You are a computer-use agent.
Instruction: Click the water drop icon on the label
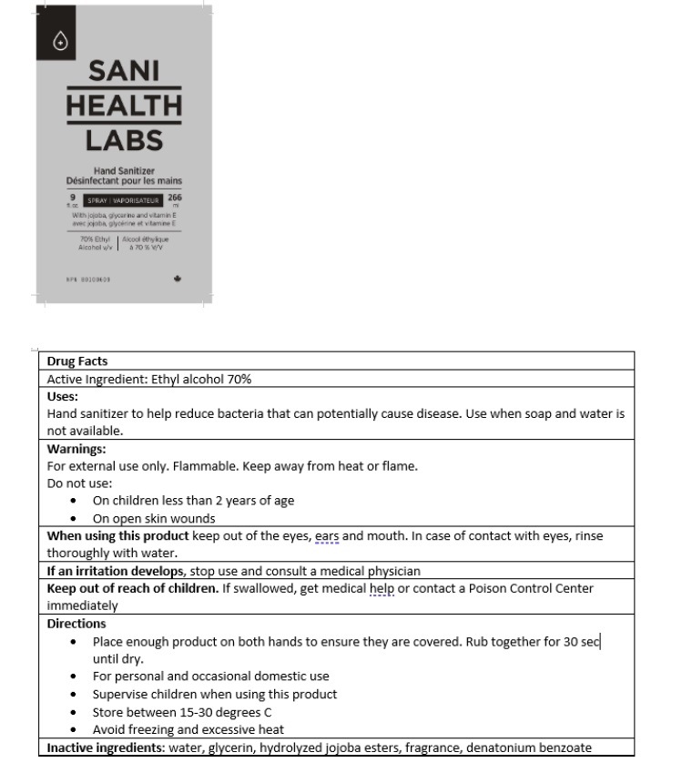61,41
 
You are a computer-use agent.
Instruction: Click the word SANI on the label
124,71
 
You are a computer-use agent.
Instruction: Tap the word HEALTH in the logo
124,106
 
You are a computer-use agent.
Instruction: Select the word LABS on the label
124,140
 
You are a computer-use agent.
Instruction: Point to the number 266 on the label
175,197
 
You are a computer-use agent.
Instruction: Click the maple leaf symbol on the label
177,279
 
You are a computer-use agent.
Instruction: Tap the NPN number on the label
88,279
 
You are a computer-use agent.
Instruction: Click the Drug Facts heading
77,361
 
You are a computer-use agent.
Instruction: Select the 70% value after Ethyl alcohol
237,379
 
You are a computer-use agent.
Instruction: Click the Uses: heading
63,396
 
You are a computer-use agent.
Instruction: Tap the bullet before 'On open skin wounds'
73,519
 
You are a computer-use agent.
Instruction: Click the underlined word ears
326,536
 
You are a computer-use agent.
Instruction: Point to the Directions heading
76,624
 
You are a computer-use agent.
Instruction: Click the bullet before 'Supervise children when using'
73,694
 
